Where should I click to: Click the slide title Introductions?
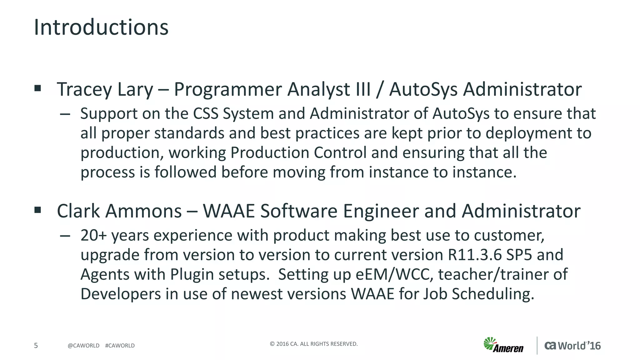101,27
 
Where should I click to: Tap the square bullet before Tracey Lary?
38,88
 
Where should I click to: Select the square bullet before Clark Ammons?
38,210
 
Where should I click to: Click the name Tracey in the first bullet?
82,90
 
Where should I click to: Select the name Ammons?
143,211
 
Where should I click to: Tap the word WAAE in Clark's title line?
229,211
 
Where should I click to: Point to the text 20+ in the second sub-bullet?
93,235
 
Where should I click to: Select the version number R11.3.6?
475,255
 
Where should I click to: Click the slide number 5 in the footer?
36,345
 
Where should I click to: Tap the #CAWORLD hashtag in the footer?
120,346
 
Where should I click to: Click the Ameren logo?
503,345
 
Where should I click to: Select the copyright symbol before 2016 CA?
272,344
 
